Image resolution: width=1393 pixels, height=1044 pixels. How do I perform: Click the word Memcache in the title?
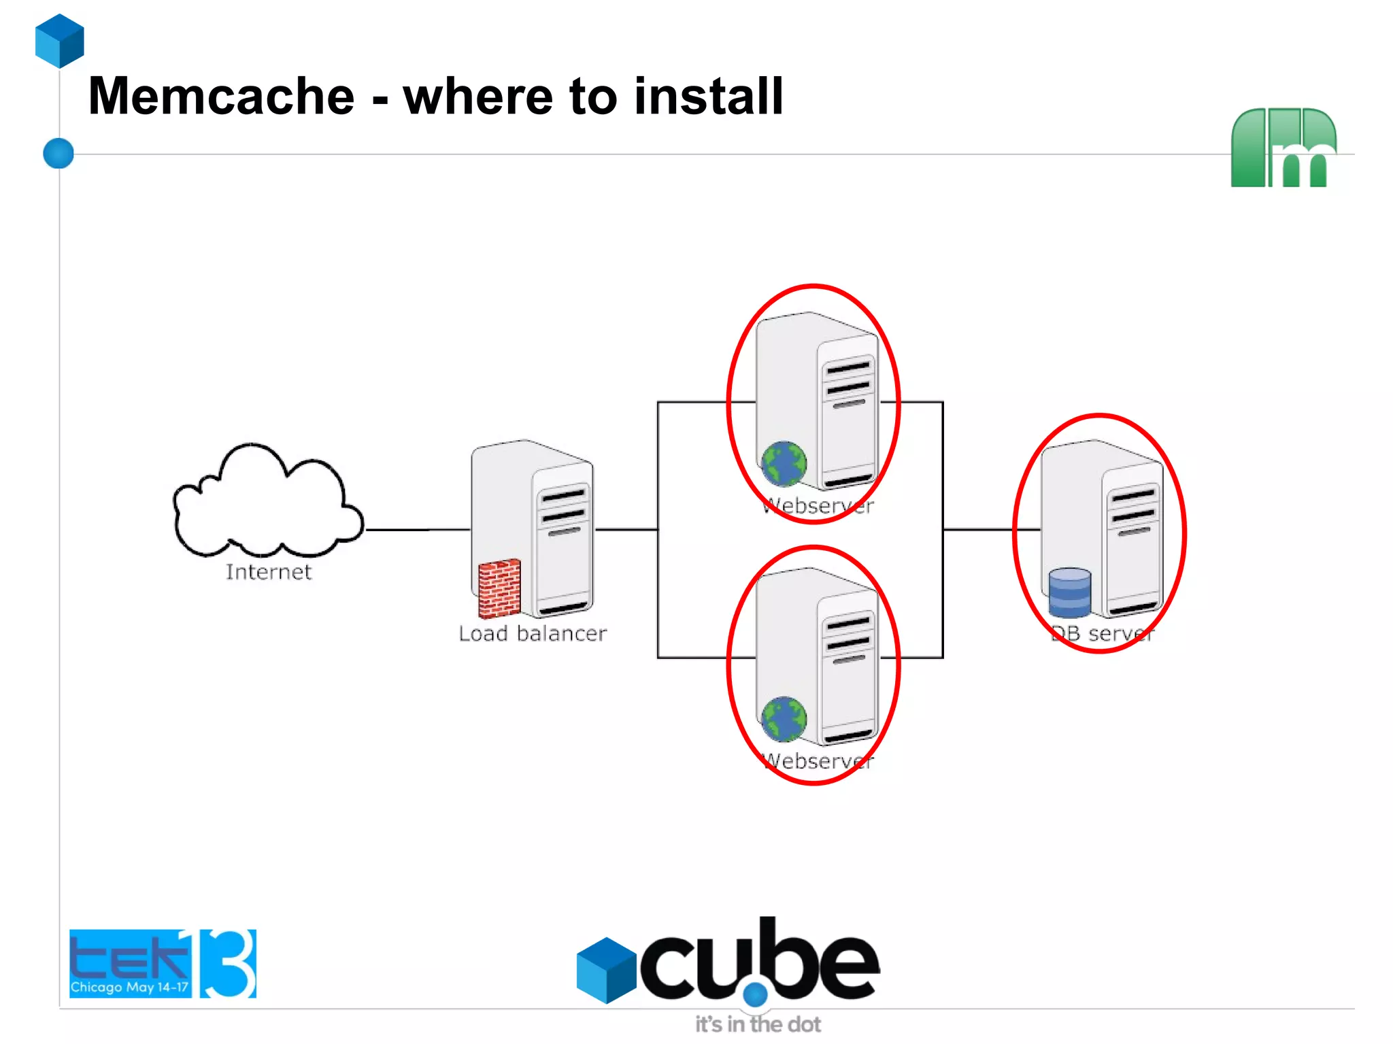[x=221, y=97]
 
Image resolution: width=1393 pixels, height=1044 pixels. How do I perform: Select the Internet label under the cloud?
[x=268, y=572]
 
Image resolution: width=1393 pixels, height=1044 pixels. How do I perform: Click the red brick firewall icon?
[x=499, y=588]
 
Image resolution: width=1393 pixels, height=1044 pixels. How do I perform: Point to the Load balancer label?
[x=532, y=633]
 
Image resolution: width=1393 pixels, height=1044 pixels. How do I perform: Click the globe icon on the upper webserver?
[x=784, y=465]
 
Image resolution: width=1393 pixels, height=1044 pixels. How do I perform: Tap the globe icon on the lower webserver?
[x=784, y=720]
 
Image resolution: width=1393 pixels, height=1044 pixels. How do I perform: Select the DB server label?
[x=1102, y=633]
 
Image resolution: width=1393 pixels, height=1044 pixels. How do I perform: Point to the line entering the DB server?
[x=990, y=529]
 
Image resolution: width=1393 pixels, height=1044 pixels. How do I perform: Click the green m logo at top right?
[x=1283, y=148]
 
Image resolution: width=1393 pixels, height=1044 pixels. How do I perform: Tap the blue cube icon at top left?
[x=60, y=41]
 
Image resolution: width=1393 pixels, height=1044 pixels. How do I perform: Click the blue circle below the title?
[x=58, y=153]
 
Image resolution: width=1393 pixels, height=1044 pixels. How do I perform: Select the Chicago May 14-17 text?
[x=129, y=987]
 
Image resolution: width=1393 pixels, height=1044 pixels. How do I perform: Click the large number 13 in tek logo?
[x=228, y=963]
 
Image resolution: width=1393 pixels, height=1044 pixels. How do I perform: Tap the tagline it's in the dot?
[x=757, y=1024]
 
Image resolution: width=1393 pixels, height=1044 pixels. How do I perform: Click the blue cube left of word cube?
[x=605, y=970]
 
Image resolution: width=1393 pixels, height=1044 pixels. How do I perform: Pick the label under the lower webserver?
[x=818, y=761]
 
